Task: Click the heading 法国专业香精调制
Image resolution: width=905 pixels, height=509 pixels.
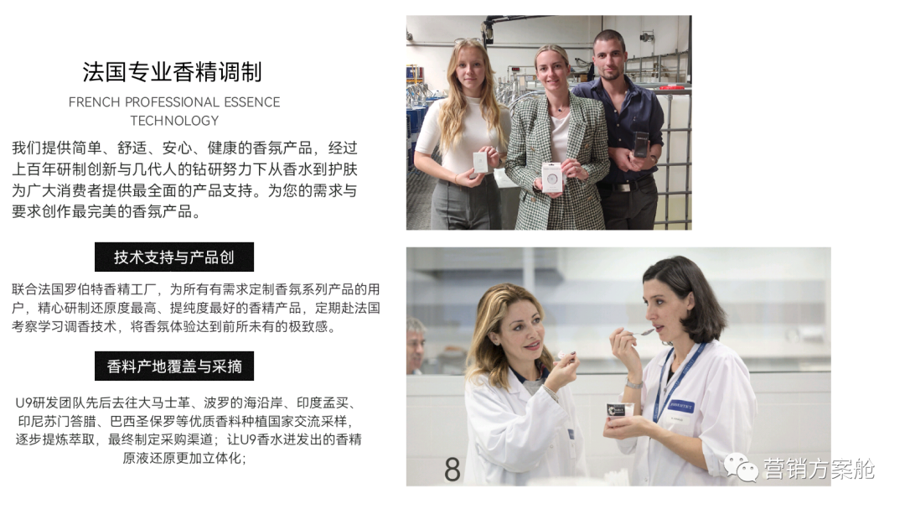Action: click(x=173, y=72)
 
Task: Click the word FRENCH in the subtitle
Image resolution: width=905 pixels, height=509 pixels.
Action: click(x=94, y=102)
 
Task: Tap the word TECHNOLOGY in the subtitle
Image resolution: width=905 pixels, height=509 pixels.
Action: click(x=174, y=121)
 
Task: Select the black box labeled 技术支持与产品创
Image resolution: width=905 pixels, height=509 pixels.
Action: click(x=174, y=257)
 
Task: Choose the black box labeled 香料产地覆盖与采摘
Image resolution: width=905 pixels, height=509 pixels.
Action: click(x=174, y=366)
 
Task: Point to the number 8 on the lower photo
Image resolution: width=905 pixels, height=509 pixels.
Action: click(x=452, y=469)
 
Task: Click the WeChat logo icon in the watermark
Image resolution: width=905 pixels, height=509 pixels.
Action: click(x=741, y=467)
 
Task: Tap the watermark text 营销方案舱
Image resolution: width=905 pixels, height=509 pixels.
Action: click(x=819, y=468)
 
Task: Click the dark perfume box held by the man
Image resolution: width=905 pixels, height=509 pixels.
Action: click(x=641, y=144)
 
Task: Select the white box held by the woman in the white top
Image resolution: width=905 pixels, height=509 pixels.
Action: click(x=481, y=163)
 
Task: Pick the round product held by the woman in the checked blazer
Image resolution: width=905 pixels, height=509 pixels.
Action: click(x=552, y=177)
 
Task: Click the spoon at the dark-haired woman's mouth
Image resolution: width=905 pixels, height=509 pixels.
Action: click(x=639, y=333)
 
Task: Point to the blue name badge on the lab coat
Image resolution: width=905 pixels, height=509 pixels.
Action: click(x=681, y=406)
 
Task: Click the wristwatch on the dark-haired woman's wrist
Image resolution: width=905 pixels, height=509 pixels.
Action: click(x=633, y=384)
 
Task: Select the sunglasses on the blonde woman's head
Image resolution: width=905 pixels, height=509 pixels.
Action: click(x=468, y=42)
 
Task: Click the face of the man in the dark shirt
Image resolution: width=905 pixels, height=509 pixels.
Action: click(x=610, y=59)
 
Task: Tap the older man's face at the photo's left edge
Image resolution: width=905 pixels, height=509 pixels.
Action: click(x=415, y=346)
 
